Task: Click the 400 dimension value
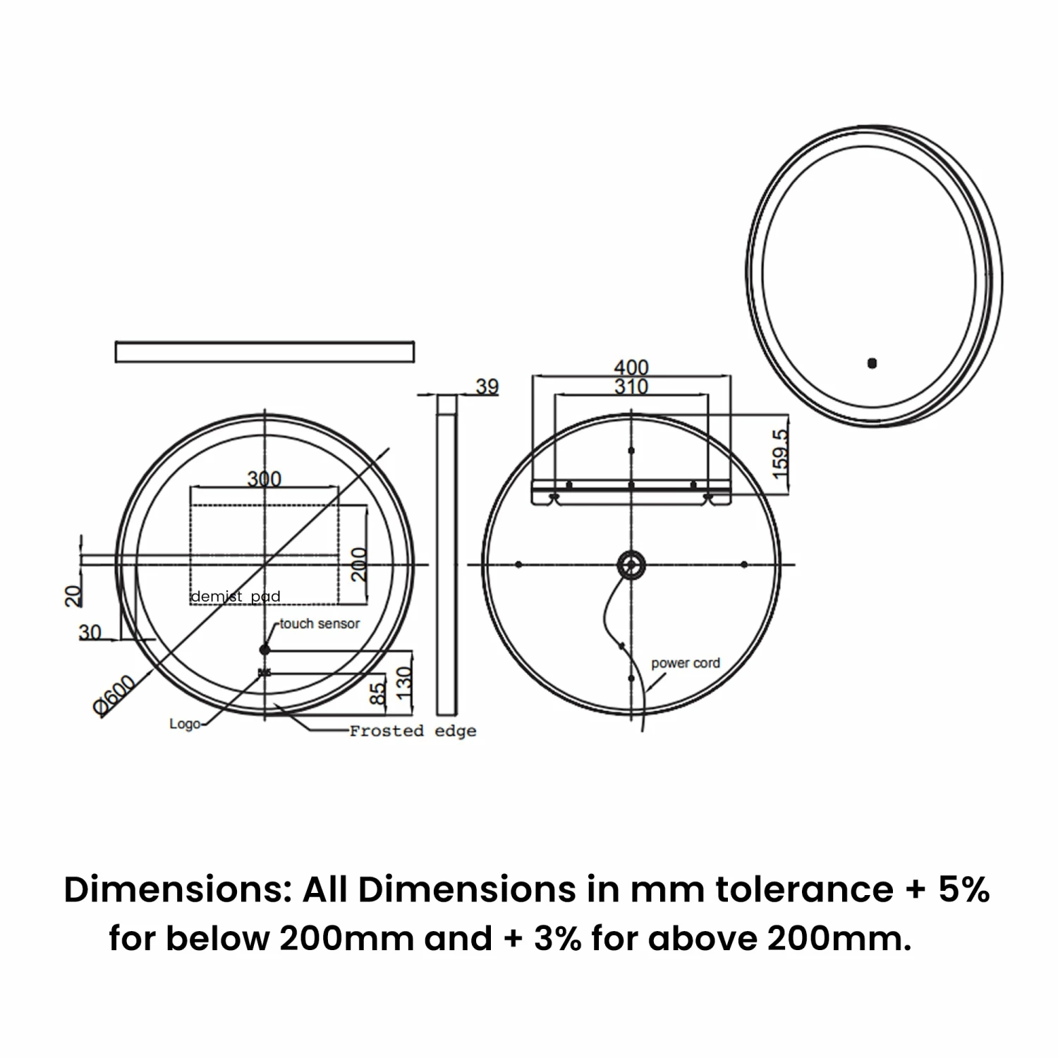click(631, 367)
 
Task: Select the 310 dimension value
click(631, 387)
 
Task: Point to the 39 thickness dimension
click(487, 387)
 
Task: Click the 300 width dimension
click(264, 479)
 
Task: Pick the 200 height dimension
click(359, 564)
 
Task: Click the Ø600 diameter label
click(114, 695)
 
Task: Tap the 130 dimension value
click(403, 683)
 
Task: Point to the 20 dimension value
click(73, 595)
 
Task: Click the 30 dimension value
click(90, 632)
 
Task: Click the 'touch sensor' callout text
click(320, 624)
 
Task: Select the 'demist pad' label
click(236, 597)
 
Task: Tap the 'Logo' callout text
click(184, 724)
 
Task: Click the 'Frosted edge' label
click(413, 731)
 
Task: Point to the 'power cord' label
click(686, 663)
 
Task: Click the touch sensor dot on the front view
click(264, 649)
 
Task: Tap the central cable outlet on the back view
click(631, 564)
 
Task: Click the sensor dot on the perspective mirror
click(872, 364)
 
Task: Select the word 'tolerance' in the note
click(805, 889)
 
